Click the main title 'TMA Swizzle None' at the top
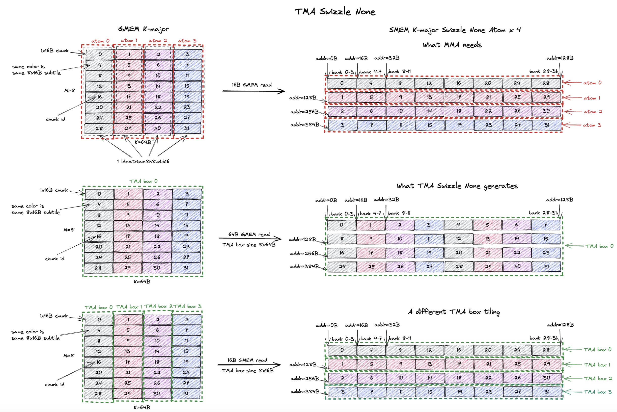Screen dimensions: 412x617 [334, 12]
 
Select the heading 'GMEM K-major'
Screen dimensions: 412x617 [143, 29]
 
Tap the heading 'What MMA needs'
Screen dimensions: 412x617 [452, 45]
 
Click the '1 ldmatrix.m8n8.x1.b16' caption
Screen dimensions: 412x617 [143, 161]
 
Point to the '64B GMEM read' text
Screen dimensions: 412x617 [249, 234]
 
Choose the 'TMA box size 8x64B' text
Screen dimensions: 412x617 [248, 245]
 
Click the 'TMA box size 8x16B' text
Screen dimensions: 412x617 [247, 371]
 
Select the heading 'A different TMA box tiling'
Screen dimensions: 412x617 [454, 312]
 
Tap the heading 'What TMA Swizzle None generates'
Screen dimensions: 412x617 [457, 186]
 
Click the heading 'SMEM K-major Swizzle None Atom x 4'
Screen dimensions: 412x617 [455, 30]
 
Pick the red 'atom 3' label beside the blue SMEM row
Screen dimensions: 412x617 [592, 125]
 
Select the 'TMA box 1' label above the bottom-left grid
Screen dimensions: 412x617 [129, 307]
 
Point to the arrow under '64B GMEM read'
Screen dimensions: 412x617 [250, 239]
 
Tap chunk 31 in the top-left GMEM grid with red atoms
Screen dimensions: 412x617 [187, 128]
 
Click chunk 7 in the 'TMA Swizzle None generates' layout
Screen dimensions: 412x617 [545, 225]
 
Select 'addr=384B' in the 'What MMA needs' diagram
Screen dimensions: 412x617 [304, 124]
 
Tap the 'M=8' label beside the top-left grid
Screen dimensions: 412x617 [70, 90]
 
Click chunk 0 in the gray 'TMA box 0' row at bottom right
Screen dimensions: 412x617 [342, 350]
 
